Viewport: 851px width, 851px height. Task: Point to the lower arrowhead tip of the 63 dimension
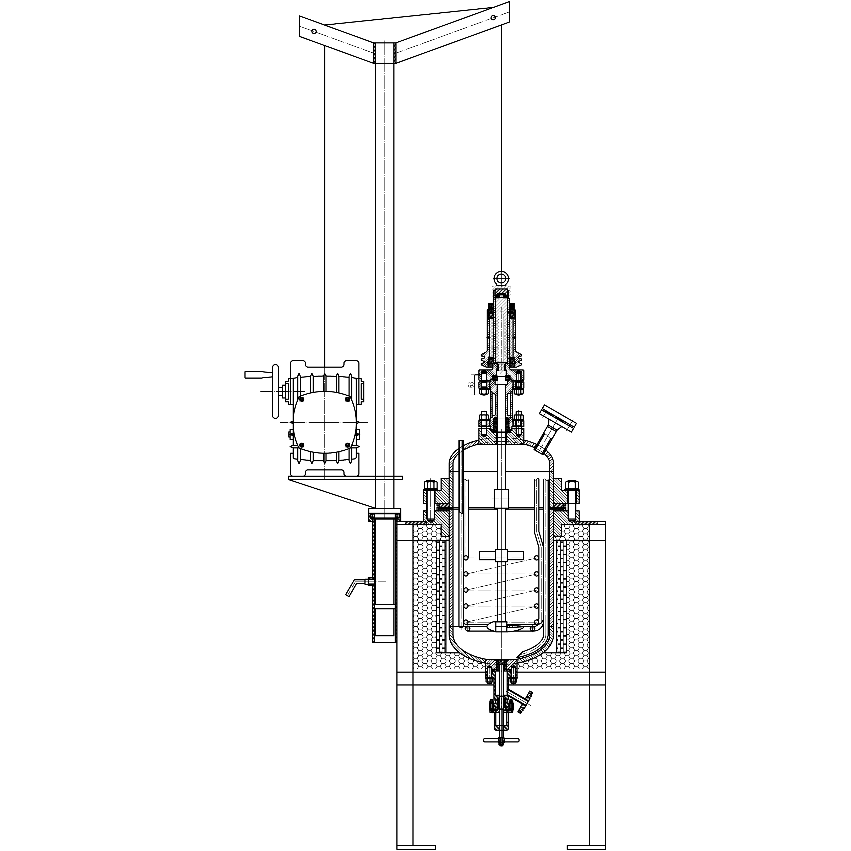pyautogui.click(x=474, y=395)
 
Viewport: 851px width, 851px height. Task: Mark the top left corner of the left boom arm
pyautogui.click(x=299, y=16)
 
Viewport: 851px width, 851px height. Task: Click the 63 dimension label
pyautogui.click(x=471, y=385)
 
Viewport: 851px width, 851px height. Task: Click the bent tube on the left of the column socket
pyautogui.click(x=358, y=587)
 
